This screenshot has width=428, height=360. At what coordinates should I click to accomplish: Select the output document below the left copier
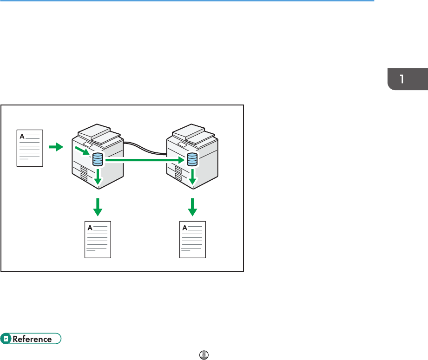point(98,240)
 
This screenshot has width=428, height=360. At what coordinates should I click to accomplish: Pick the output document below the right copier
point(192,240)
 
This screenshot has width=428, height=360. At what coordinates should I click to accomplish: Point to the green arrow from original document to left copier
point(55,147)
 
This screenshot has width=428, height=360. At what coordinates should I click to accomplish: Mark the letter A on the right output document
point(184,227)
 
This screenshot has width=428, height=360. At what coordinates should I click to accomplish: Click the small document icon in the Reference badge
point(6,339)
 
